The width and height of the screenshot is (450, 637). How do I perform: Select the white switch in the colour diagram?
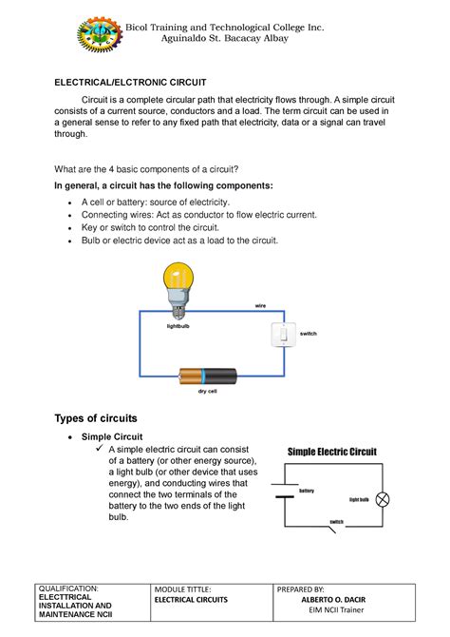[282, 335]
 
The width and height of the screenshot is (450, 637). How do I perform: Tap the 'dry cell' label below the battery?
[209, 392]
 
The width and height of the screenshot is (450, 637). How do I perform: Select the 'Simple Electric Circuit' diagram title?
[332, 452]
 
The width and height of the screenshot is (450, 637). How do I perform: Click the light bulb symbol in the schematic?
[384, 500]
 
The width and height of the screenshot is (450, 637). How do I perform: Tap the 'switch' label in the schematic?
[335, 522]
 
